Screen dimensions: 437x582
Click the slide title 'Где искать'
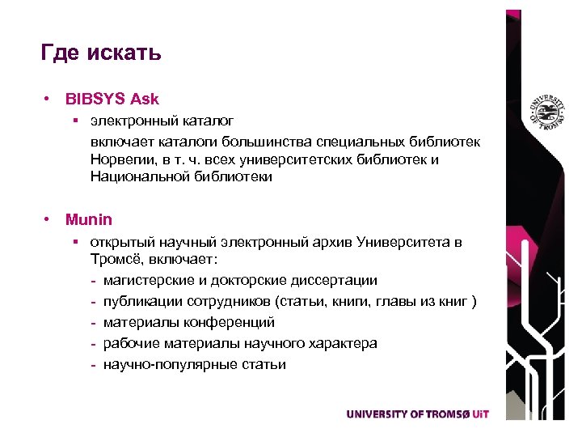(101, 53)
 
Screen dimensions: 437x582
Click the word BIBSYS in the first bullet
(91, 100)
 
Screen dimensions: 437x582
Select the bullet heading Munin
(89, 219)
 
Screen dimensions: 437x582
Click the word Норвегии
(122, 159)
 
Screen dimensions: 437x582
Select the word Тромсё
(116, 261)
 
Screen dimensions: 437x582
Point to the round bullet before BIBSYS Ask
(50, 100)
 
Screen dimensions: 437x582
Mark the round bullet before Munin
(50, 219)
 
